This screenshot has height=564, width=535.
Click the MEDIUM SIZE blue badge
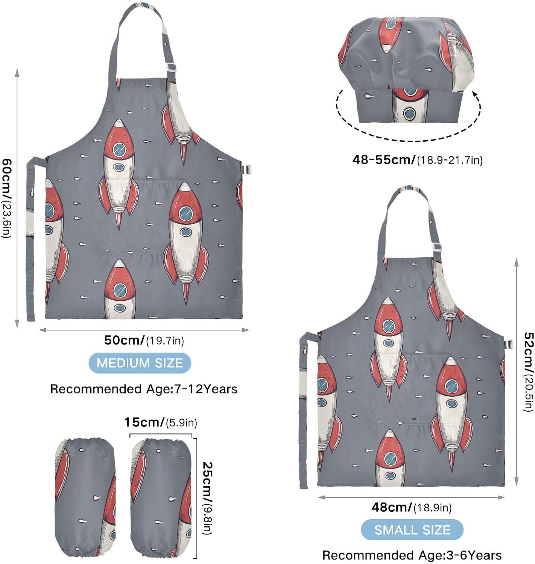tap(140, 363)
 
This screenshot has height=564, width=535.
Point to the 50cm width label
tap(144, 340)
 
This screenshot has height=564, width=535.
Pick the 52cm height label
tap(528, 372)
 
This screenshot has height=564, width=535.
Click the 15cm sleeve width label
tap(161, 422)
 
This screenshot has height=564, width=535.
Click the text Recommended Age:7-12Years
tap(144, 389)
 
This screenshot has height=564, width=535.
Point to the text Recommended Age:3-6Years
tap(412, 555)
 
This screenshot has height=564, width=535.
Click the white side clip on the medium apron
tap(248, 170)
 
